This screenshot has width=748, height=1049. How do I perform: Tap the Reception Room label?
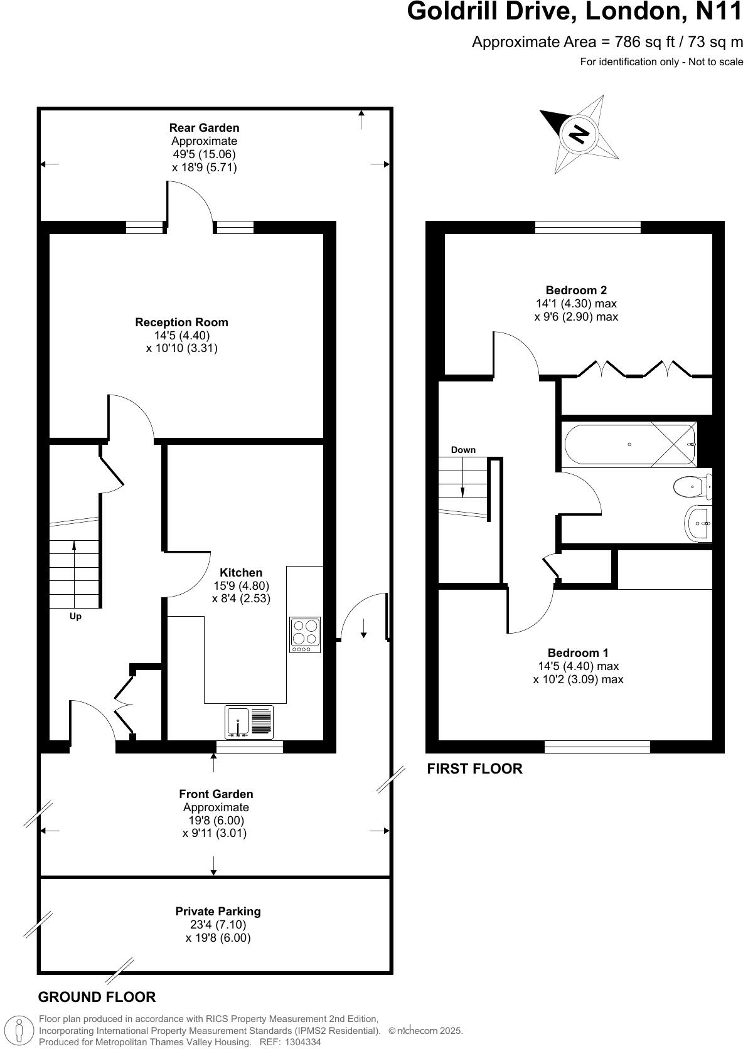pos(181,322)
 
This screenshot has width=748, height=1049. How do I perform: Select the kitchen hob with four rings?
pos(305,634)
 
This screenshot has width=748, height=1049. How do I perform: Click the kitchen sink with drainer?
pos(250,722)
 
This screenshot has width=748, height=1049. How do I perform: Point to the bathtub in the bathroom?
pos(629,444)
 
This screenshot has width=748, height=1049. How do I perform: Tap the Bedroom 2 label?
pos(575,290)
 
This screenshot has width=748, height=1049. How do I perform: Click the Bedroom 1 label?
pos(577,652)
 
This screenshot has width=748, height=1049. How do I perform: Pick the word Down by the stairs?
pos(463,450)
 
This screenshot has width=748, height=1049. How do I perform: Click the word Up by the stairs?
pos(75,616)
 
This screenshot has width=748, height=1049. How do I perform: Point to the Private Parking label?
pos(218,911)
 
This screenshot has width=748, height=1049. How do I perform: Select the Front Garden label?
pos(216,794)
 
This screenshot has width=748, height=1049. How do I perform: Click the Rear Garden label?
pos(204,128)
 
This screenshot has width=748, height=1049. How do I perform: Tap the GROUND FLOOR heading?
pos(97,997)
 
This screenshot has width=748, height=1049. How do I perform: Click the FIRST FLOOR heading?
pos(474,769)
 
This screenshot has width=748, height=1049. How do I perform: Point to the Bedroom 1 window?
pos(597,747)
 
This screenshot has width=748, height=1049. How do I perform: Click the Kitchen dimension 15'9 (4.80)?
pos(241,585)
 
